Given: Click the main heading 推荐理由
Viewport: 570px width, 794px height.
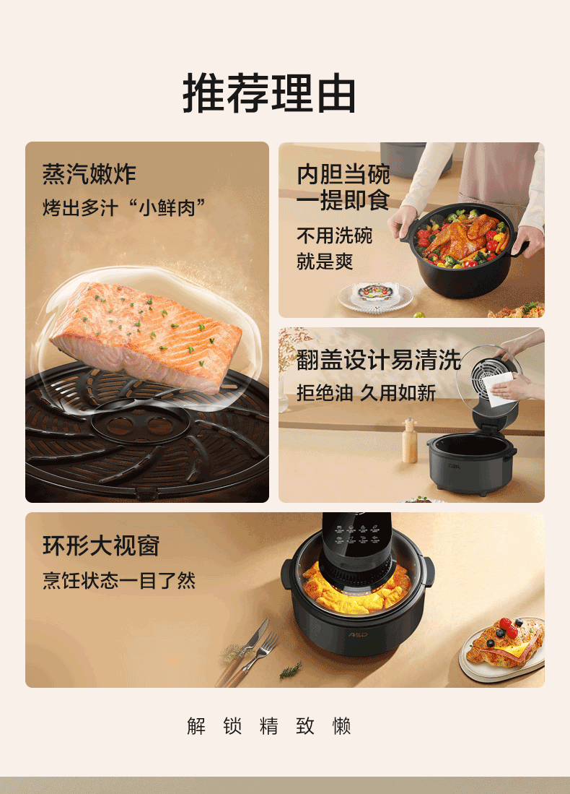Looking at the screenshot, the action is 269,92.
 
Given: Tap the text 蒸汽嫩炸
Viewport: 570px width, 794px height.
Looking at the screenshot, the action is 89,174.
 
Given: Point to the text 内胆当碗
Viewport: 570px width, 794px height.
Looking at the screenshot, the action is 343,174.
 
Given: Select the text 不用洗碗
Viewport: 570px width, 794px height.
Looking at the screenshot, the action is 334,236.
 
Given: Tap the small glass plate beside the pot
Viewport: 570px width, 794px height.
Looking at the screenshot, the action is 375,296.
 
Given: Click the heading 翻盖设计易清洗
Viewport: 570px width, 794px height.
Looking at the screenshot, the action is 378,360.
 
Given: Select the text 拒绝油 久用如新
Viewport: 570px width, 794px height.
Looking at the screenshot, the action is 367,392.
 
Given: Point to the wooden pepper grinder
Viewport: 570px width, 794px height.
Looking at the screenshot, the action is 410,441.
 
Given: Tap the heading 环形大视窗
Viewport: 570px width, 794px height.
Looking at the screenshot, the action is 101,546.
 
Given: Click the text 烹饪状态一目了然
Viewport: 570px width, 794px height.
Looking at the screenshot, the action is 119,580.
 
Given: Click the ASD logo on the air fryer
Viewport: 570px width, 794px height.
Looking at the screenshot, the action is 358,634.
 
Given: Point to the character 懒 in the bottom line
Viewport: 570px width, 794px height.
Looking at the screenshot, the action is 341,725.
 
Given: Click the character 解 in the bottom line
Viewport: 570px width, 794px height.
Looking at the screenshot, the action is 196,725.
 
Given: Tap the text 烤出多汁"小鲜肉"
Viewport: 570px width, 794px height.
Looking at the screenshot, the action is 124,207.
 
